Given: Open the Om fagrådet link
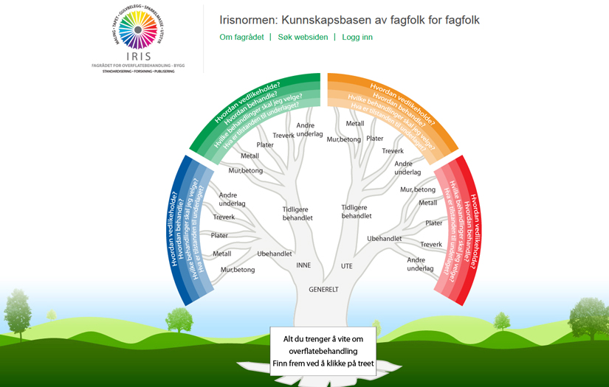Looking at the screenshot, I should tap(241, 37).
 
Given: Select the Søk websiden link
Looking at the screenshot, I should tap(303, 37).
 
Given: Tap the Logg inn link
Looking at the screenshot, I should tap(357, 37).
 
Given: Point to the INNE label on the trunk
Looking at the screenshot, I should tap(303, 265).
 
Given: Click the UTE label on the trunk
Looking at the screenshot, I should tap(346, 265).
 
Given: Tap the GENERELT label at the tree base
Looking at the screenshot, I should tap(323, 290).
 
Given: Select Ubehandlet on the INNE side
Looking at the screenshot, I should tap(275, 254).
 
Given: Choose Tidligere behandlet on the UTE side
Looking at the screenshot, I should tap(357, 212).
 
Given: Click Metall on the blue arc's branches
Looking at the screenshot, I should tap(221, 254).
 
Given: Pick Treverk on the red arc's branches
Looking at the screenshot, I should tap(431, 244).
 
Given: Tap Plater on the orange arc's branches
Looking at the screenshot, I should tap(375, 139).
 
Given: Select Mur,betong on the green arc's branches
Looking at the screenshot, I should tap(246, 171).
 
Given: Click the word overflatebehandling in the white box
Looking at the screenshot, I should tap(323, 351).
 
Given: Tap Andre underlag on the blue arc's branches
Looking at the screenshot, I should tap(233, 199).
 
